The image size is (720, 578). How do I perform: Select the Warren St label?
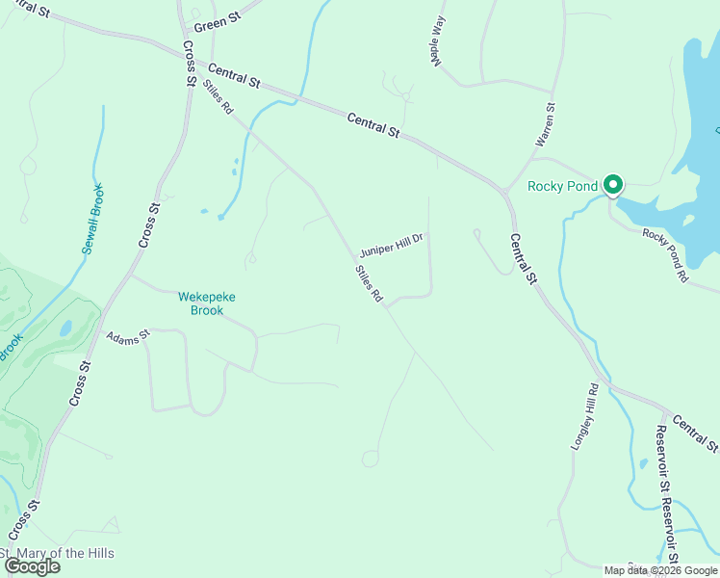(x=545, y=126)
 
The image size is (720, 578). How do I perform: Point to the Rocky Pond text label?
(x=563, y=186)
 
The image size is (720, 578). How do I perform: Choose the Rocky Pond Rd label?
(x=665, y=255)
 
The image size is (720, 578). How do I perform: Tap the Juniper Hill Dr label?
(x=392, y=244)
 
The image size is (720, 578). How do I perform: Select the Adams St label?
(x=129, y=338)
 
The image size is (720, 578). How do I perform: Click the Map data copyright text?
(x=660, y=570)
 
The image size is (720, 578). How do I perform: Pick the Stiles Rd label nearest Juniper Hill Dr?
(x=369, y=285)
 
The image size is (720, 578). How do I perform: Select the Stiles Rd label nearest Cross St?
(x=219, y=96)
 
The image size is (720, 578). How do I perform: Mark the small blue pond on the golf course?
(x=65, y=328)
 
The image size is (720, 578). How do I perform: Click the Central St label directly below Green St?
(x=234, y=77)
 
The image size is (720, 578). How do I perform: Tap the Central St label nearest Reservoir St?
(x=695, y=433)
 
